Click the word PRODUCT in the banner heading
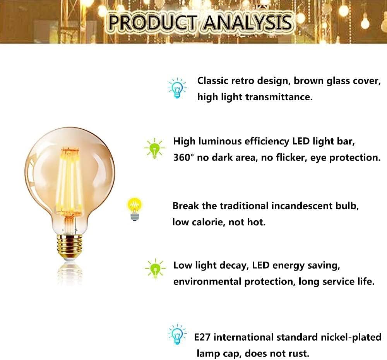pyautogui.click(x=153, y=22)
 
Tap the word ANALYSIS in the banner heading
pyautogui.click(x=248, y=22)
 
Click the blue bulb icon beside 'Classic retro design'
pyautogui.click(x=177, y=88)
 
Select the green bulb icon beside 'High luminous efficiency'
pyautogui.click(x=154, y=148)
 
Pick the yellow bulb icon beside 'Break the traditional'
pyautogui.click(x=135, y=209)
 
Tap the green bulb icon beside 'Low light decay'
pyautogui.click(x=155, y=269)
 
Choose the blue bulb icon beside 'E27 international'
pyautogui.click(x=177, y=334)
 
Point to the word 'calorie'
pyautogui.click(x=208, y=222)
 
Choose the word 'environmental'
pyautogui.click(x=207, y=281)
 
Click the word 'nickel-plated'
pyautogui.click(x=351, y=337)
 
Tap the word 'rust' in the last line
pyautogui.click(x=299, y=353)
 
